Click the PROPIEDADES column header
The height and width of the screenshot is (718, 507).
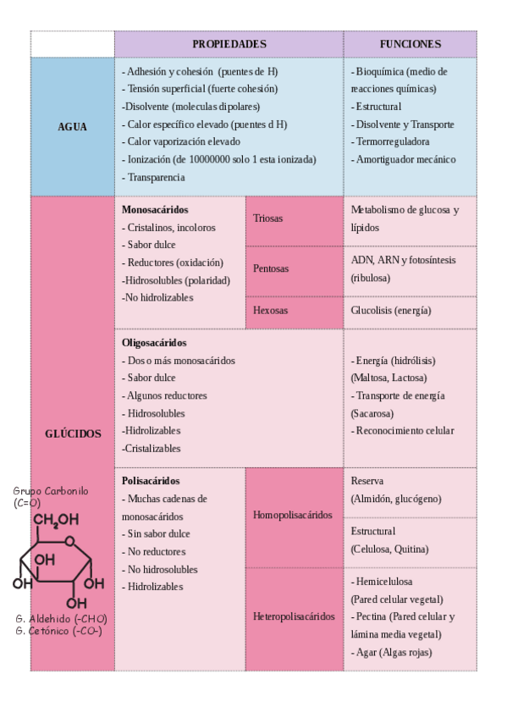point(229,44)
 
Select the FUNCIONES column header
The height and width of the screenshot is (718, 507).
point(410,44)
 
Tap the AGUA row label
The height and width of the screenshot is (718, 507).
point(72,127)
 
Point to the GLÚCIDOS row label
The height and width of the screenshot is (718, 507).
point(73,434)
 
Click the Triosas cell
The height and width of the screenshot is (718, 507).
point(268,218)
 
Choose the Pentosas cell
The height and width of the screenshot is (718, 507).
point(271,268)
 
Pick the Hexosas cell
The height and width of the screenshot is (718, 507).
point(271,311)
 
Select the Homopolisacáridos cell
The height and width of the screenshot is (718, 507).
point(293,516)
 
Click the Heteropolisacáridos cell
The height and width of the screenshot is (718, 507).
point(294,616)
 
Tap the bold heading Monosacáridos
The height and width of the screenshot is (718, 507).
point(155,209)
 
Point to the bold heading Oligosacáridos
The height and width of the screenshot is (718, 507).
point(154,343)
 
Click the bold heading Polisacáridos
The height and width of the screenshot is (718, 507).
point(151,481)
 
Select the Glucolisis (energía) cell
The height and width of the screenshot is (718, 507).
point(391,311)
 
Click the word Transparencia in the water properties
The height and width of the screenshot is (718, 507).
point(157,178)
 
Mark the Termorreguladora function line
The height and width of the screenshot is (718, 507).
point(393,141)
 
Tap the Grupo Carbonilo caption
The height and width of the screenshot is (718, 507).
point(51,491)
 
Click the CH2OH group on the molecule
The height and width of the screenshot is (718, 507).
point(57,520)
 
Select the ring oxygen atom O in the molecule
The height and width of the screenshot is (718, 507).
point(69,542)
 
